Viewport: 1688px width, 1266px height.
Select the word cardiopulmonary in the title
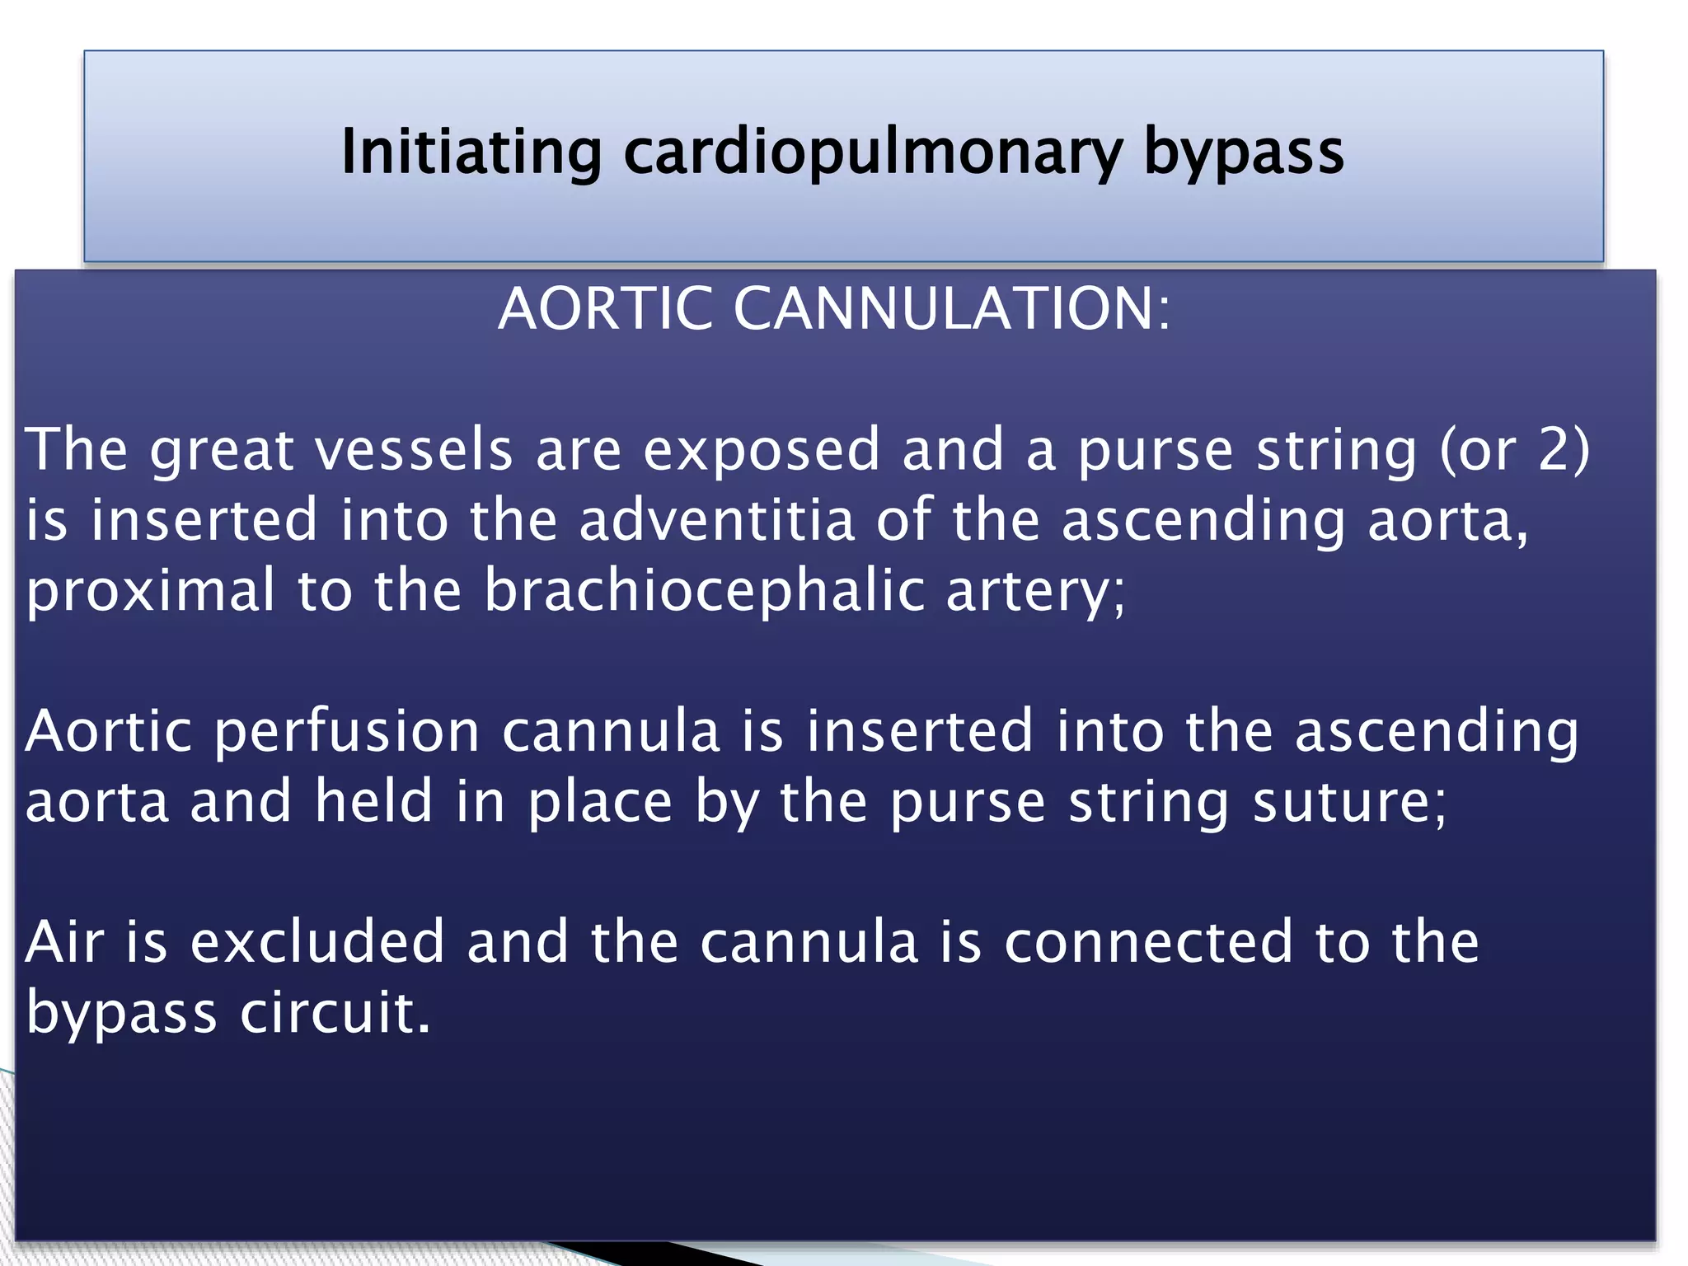(873, 153)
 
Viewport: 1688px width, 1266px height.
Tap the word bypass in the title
(1244, 153)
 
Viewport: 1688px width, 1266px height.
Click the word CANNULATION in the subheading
(951, 309)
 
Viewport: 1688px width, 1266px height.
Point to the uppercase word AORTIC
(605, 309)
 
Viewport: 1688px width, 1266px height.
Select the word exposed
(762, 452)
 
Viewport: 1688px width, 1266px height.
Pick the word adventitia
(717, 520)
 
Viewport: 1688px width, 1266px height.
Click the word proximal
(151, 592)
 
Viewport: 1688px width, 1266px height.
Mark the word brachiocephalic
(705, 590)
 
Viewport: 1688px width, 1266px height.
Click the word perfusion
(347, 732)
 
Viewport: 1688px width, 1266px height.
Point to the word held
(374, 801)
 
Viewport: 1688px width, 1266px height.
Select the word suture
(1348, 801)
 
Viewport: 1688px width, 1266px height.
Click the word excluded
(318, 942)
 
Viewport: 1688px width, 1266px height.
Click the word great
(222, 452)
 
